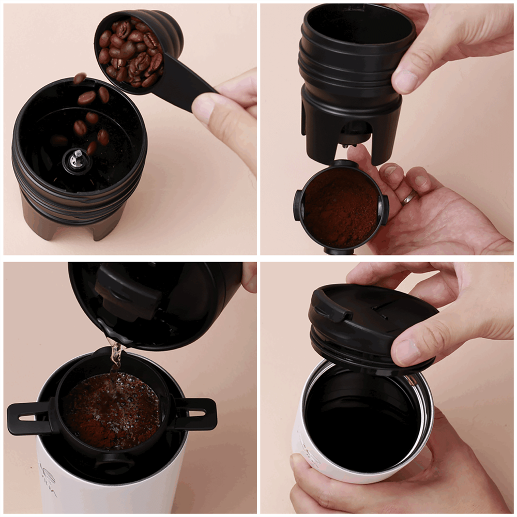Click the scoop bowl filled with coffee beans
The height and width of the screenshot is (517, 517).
click(132, 52)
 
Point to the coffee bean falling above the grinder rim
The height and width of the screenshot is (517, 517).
click(80, 78)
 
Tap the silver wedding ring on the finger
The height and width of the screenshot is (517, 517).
click(409, 197)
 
